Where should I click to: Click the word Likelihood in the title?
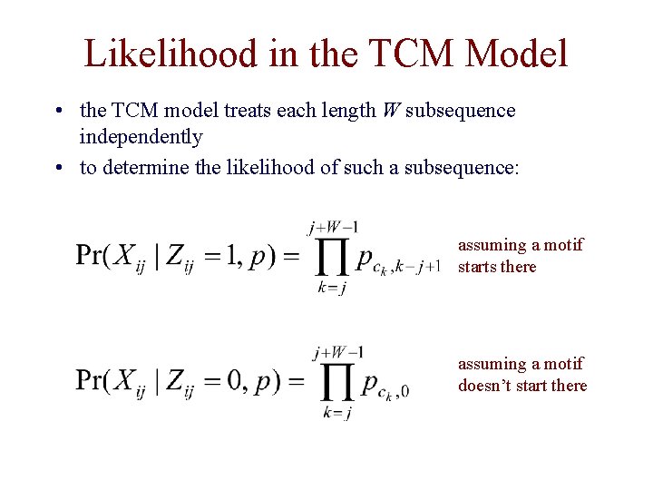[x=171, y=54]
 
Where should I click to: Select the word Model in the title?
[x=516, y=54]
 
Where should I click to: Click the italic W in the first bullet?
[x=390, y=111]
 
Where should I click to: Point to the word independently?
[x=141, y=137]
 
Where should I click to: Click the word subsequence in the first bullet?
[x=461, y=111]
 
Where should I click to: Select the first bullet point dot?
[x=57, y=112]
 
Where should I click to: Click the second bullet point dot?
[x=57, y=168]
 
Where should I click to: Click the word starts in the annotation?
[x=479, y=267]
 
